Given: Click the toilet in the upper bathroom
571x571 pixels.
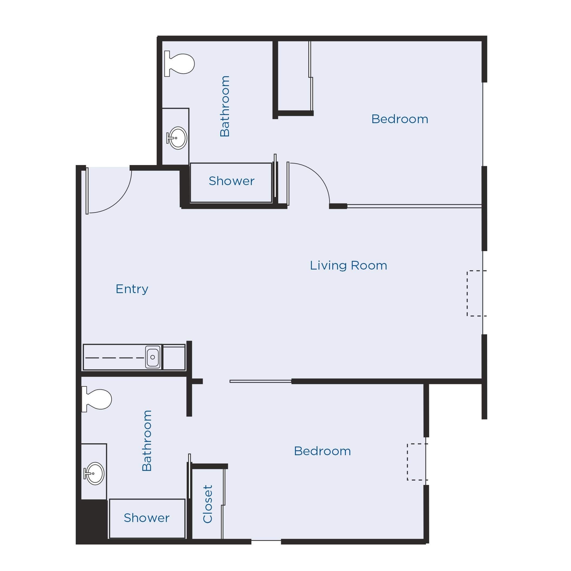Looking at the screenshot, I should [x=180, y=64].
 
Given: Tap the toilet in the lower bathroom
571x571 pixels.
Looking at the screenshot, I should [x=97, y=399].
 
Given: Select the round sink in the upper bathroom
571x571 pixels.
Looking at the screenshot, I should [x=177, y=138].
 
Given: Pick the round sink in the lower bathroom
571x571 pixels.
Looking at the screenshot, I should [x=94, y=473].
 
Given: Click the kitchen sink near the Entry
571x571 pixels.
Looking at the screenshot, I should [x=153, y=357].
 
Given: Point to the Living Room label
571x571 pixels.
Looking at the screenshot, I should [x=348, y=265].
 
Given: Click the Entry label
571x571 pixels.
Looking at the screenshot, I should [x=132, y=289].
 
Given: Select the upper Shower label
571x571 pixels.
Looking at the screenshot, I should [x=231, y=181].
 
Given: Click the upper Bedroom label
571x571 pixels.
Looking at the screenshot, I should [x=400, y=119].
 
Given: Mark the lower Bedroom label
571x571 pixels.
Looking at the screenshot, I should [x=322, y=451].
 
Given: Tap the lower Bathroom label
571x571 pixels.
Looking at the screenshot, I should [x=147, y=440].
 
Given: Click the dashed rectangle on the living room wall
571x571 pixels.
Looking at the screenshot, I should [x=475, y=293].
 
